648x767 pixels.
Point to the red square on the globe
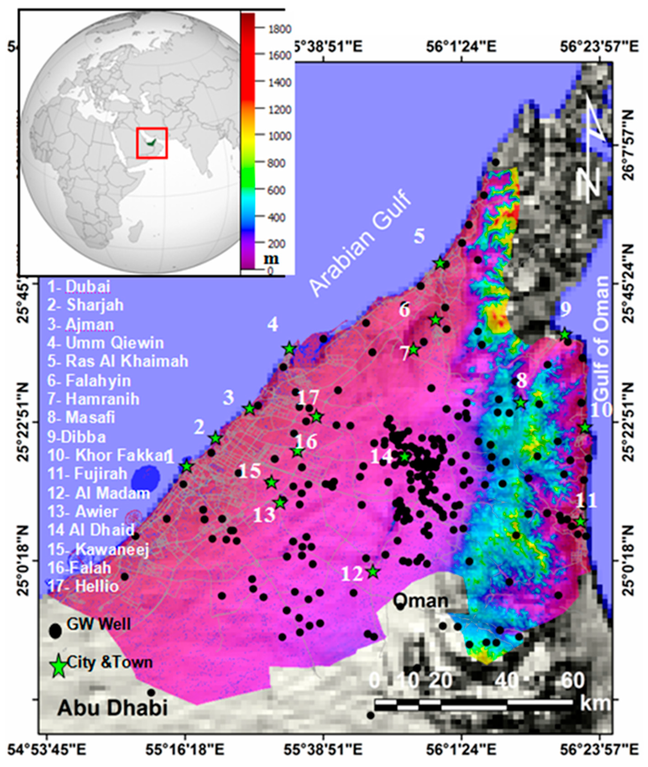[x=152, y=143]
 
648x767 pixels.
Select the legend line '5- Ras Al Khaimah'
[x=118, y=361]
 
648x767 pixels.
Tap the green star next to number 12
[x=373, y=572]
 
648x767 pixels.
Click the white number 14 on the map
[x=381, y=457]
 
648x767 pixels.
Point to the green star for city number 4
[x=290, y=348]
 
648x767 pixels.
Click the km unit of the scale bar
[x=595, y=703]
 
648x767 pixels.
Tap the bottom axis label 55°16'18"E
[x=184, y=749]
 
